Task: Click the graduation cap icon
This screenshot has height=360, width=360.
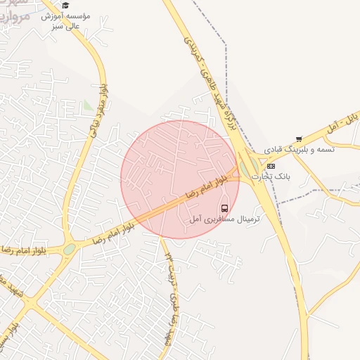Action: tap(65, 6)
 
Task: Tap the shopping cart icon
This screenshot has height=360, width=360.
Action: tap(299, 139)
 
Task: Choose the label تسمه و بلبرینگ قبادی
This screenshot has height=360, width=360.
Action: tap(300, 150)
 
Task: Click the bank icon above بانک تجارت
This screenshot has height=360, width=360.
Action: tap(271, 166)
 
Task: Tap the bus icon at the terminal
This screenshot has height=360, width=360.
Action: tap(224, 208)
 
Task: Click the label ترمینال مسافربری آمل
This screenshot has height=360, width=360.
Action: tap(225, 219)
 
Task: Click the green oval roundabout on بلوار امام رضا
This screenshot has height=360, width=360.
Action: tap(69, 249)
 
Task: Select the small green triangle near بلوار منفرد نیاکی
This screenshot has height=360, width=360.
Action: tap(86, 106)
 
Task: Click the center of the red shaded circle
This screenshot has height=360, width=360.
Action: tap(180, 179)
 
